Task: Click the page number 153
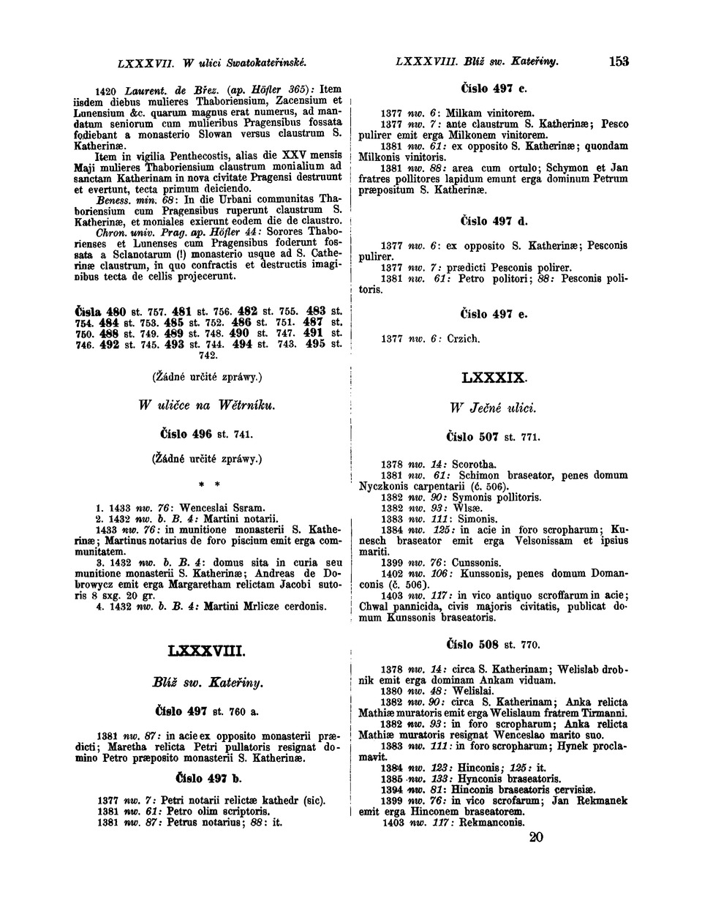coord(619,61)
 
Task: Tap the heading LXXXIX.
coord(494,378)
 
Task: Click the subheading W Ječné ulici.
coord(494,408)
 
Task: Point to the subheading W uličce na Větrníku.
coord(206,405)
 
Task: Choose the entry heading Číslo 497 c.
coord(494,89)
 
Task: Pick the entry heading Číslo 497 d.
coord(494,220)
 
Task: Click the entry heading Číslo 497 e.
coord(494,314)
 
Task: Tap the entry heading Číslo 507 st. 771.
coord(494,437)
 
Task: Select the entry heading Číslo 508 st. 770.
coord(494,645)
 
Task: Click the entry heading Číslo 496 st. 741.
coord(206,434)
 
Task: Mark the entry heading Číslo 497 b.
coord(207,777)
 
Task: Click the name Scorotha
coord(474,464)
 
